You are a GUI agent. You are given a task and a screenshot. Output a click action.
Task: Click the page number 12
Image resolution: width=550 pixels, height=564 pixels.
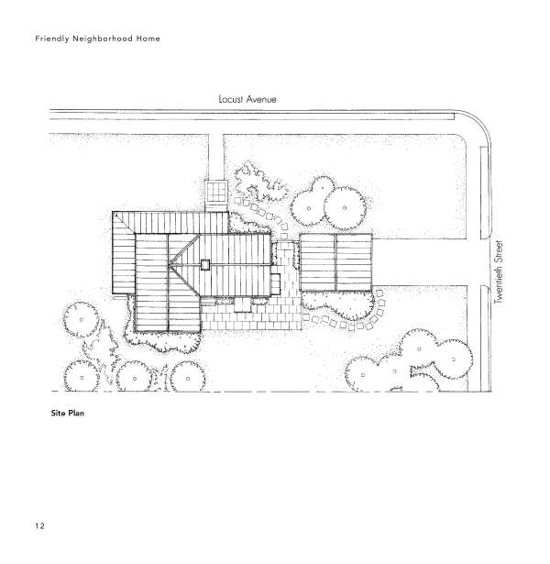click(39, 525)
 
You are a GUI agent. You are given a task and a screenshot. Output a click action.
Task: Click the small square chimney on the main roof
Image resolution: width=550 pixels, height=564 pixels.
click(205, 265)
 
